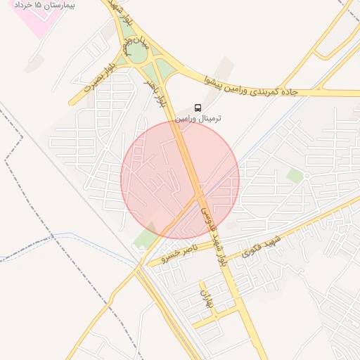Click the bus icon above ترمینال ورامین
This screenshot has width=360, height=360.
198,108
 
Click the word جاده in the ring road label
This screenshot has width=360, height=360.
290,92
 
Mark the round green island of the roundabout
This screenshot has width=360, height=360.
138,53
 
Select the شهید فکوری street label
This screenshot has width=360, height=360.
262,247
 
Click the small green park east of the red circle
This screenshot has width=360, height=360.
295,176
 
